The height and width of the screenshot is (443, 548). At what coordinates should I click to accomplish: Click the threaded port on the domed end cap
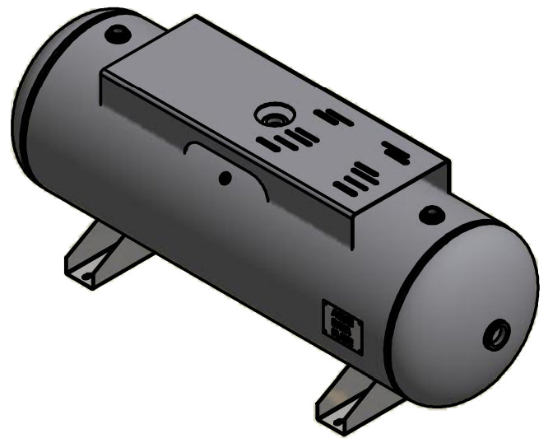tap(496, 334)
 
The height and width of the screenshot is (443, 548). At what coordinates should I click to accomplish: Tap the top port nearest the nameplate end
tap(430, 216)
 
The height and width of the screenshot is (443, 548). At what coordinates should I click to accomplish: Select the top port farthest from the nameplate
tap(117, 35)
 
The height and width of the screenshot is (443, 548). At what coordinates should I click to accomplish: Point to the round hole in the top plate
tap(271, 114)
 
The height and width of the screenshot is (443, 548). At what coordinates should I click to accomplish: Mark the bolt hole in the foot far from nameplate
tap(86, 276)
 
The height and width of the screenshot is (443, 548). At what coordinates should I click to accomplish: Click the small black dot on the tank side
tap(223, 178)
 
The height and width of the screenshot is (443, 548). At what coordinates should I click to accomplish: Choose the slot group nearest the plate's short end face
tap(395, 152)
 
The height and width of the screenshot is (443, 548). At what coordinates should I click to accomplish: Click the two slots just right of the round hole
tap(336, 117)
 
